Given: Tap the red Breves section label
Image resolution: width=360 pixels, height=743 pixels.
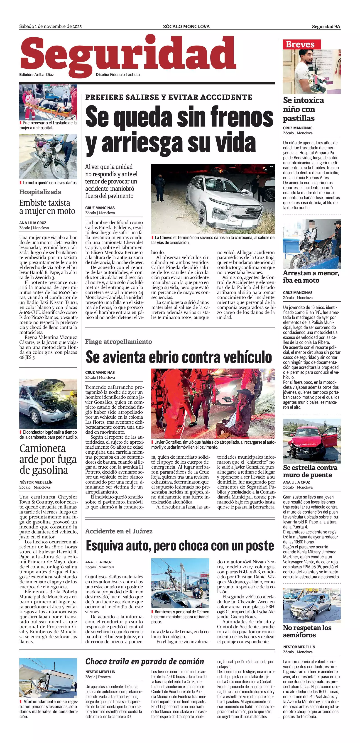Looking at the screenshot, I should pyautogui.click(x=300, y=44).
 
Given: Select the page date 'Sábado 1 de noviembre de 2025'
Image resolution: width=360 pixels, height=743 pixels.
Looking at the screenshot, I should pyautogui.click(x=51, y=27).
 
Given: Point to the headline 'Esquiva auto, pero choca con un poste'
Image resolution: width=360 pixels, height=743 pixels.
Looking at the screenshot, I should pyautogui.click(x=180, y=546).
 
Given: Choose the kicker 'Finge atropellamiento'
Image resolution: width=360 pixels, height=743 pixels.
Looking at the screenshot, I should pyautogui.click(x=119, y=342).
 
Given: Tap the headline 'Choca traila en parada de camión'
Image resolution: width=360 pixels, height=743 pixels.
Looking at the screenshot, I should pyautogui.click(x=144, y=661).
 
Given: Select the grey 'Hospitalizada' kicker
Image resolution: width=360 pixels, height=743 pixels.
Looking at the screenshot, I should pyautogui.click(x=40, y=192).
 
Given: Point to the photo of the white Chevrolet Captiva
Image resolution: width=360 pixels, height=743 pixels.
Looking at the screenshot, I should pyautogui.click(x=213, y=199).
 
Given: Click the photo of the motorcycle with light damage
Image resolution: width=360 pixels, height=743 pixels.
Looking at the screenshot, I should pyautogui.click(x=48, y=157).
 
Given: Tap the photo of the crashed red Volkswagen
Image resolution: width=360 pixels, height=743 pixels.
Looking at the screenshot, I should pyautogui.click(x=311, y=441).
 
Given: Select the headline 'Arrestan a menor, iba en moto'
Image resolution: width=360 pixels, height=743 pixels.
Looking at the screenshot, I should pyautogui.click(x=311, y=277).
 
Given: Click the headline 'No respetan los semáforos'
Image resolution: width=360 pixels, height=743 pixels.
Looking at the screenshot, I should pyautogui.click(x=307, y=631).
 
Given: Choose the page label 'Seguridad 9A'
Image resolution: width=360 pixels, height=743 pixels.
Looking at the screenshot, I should pyautogui.click(x=326, y=27).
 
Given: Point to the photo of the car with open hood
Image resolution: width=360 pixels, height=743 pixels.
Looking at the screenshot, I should pyautogui.click(x=48, y=403).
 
